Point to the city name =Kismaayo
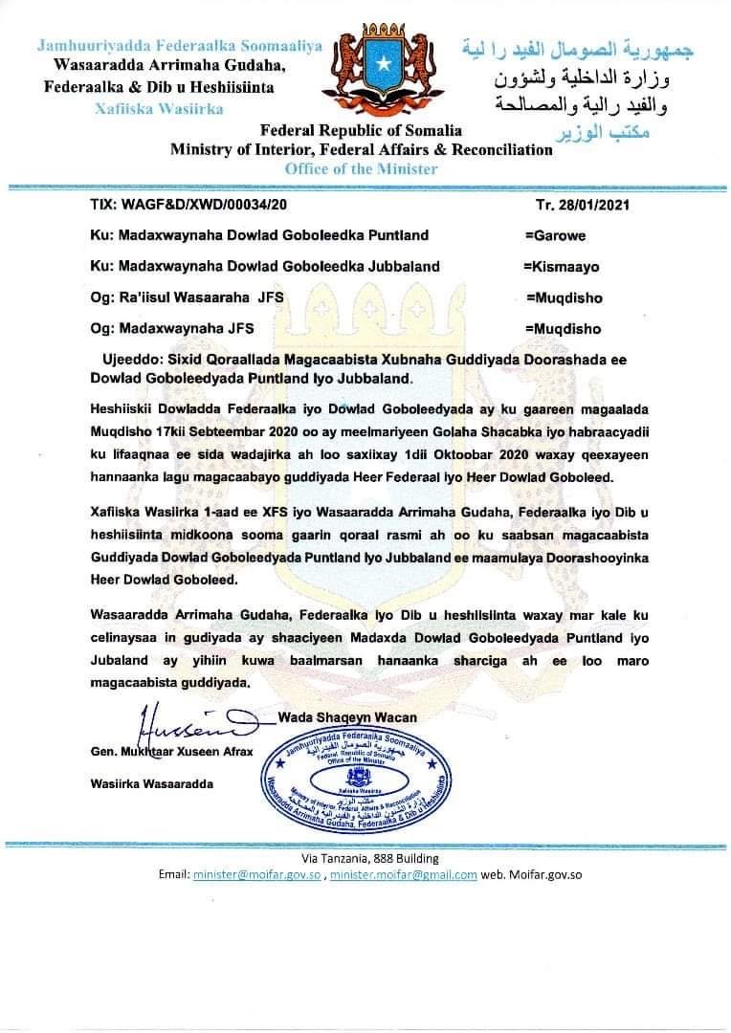coord(561,266)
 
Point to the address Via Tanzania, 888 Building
coord(370,859)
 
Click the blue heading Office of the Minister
coord(361,168)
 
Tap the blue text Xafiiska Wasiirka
coord(159,108)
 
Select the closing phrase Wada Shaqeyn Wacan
coord(348,716)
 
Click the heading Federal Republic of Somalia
coord(361,130)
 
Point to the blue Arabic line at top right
coord(576,48)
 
